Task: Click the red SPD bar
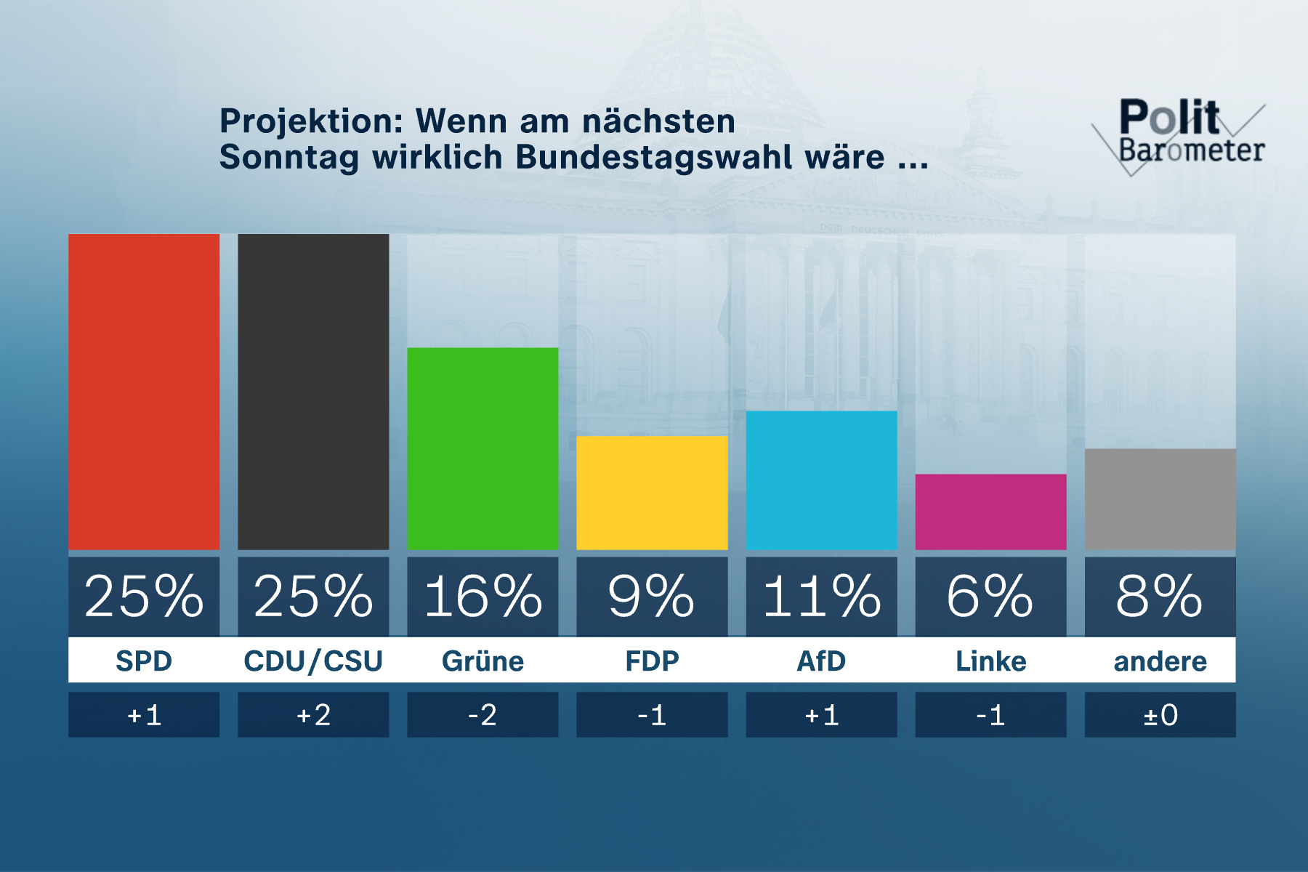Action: (144, 392)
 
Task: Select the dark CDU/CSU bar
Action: (313, 392)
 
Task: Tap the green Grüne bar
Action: (483, 448)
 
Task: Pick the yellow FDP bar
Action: (652, 493)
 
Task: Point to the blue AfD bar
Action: (821, 480)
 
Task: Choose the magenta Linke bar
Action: (990, 512)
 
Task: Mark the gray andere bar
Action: (1160, 499)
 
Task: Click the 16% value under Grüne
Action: (483, 597)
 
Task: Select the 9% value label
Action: (652, 597)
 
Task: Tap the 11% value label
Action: (821, 597)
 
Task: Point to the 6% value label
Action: (990, 597)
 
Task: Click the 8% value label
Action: (1160, 597)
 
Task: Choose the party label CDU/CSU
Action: (313, 661)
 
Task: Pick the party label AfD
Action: (821, 661)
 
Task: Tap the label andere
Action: (1160, 661)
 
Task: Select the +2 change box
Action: (313, 715)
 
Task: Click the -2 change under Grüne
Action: (483, 715)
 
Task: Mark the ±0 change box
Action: (1160, 715)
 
